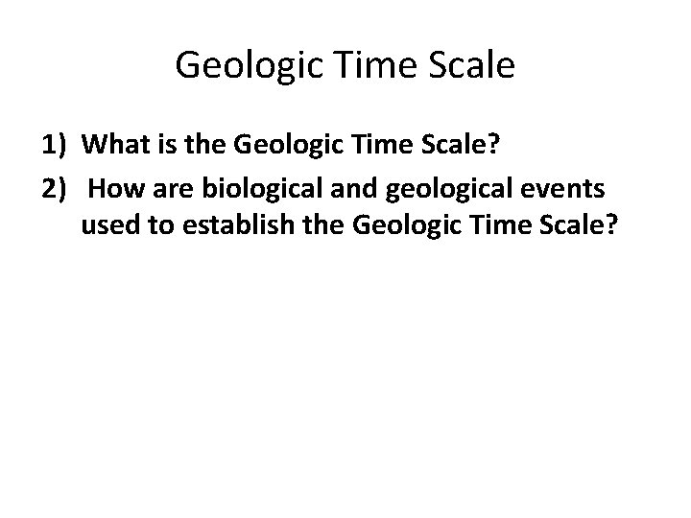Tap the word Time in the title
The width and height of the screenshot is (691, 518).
366,67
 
